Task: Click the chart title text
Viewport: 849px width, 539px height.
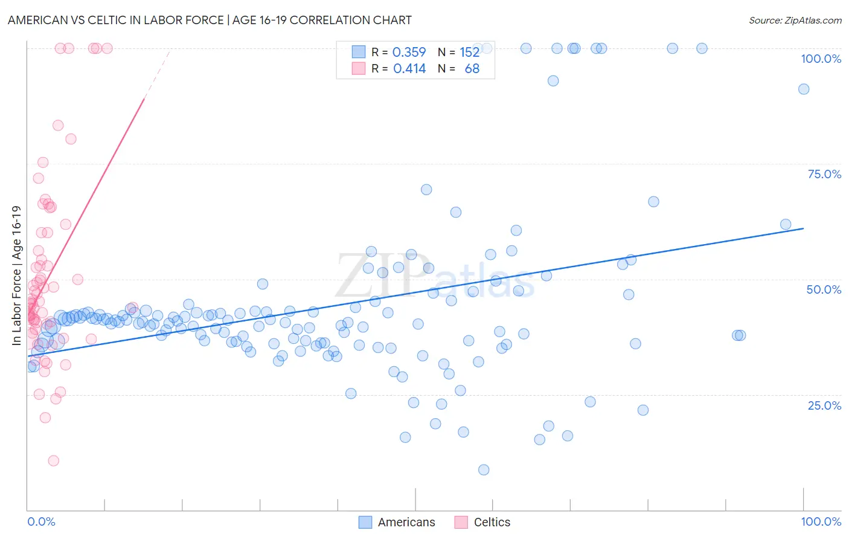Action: coord(210,20)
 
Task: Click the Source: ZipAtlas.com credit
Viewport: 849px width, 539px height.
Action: coord(795,20)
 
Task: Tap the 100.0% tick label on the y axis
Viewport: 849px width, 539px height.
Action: coord(821,59)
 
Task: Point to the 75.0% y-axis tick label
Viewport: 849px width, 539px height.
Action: coord(824,174)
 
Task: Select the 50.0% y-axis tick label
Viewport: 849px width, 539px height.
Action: coord(824,289)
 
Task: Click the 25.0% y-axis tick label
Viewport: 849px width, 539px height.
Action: coord(824,405)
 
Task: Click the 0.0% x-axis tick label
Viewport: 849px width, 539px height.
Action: coord(41,521)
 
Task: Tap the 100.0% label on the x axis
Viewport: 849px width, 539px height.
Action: coord(821,521)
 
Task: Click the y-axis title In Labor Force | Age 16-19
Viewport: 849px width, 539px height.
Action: coord(16,276)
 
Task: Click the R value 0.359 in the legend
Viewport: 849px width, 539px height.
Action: coord(409,52)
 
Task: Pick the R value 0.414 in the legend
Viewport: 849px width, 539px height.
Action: coord(409,69)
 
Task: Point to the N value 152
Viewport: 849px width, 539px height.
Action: coord(469,52)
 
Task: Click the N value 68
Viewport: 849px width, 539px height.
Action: coord(472,69)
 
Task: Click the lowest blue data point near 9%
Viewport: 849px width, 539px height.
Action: coord(484,470)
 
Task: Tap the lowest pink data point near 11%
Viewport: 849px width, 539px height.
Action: coord(54,460)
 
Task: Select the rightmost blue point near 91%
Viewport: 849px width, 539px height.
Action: coord(804,89)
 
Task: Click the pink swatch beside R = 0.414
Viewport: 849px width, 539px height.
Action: coord(359,68)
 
